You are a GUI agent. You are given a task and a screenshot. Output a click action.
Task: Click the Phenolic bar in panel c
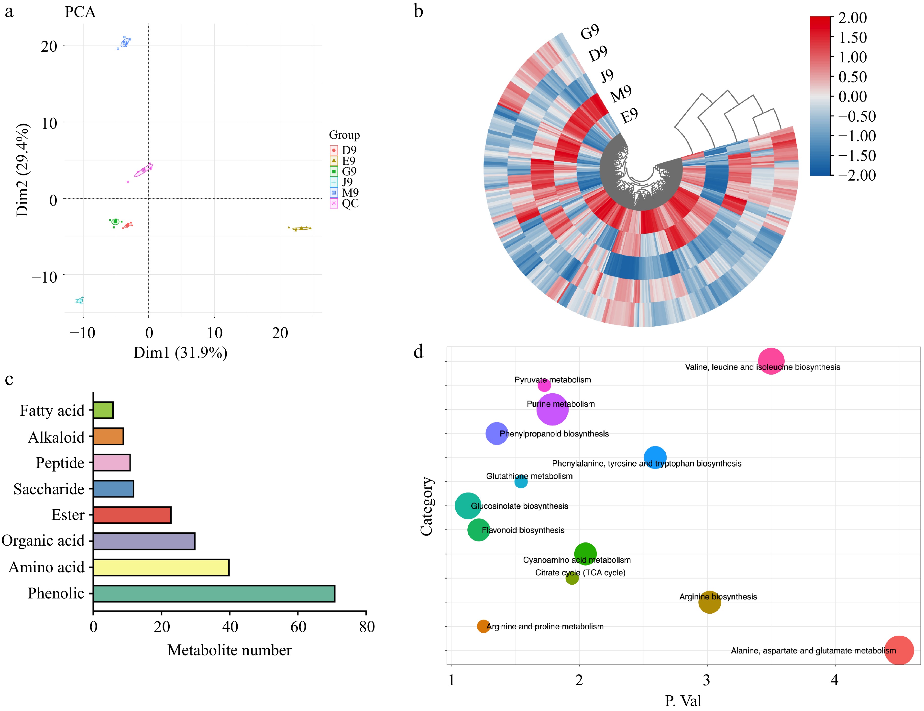point(214,593)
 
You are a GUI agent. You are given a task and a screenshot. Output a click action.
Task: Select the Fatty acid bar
point(103,410)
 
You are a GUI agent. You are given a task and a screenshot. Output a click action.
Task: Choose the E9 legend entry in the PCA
point(348,161)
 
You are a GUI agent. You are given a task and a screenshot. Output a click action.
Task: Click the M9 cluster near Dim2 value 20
point(125,43)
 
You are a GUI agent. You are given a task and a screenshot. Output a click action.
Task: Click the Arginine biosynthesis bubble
point(709,602)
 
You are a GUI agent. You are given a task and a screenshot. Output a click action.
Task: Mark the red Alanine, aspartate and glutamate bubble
point(899,650)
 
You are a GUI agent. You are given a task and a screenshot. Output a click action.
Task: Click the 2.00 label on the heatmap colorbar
point(852,18)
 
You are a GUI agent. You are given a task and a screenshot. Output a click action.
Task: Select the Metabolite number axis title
point(229,650)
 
